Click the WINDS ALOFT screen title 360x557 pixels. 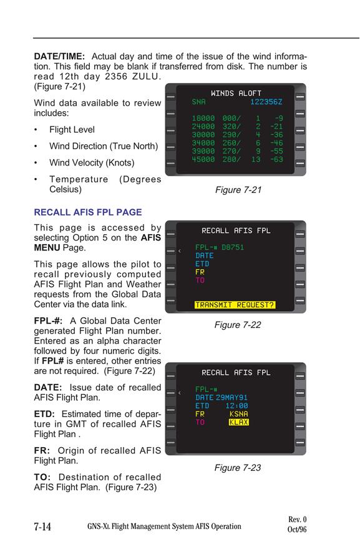pos(236,93)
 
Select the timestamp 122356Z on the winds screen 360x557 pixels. pos(266,102)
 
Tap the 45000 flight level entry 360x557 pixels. pos(203,159)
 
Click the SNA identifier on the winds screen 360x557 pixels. pos(199,102)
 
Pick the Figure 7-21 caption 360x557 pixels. pos(238,190)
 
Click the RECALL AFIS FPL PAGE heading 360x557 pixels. pos(88,212)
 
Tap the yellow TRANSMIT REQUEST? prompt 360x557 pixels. pos(235,305)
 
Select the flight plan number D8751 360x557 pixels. pos(233,247)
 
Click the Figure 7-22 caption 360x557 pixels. pos(238,325)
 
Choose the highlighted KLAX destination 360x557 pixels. pos(238,422)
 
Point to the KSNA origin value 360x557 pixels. pos(238,414)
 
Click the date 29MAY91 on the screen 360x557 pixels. pos(231,398)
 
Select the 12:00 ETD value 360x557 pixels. pos(237,406)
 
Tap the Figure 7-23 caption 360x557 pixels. pos(238,468)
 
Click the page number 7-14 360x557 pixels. pos(42,526)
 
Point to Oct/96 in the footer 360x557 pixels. pos(297,530)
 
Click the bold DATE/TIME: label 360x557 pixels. pos(59,56)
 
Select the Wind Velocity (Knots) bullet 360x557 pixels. pos(92,163)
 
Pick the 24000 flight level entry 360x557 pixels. pos(203,126)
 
